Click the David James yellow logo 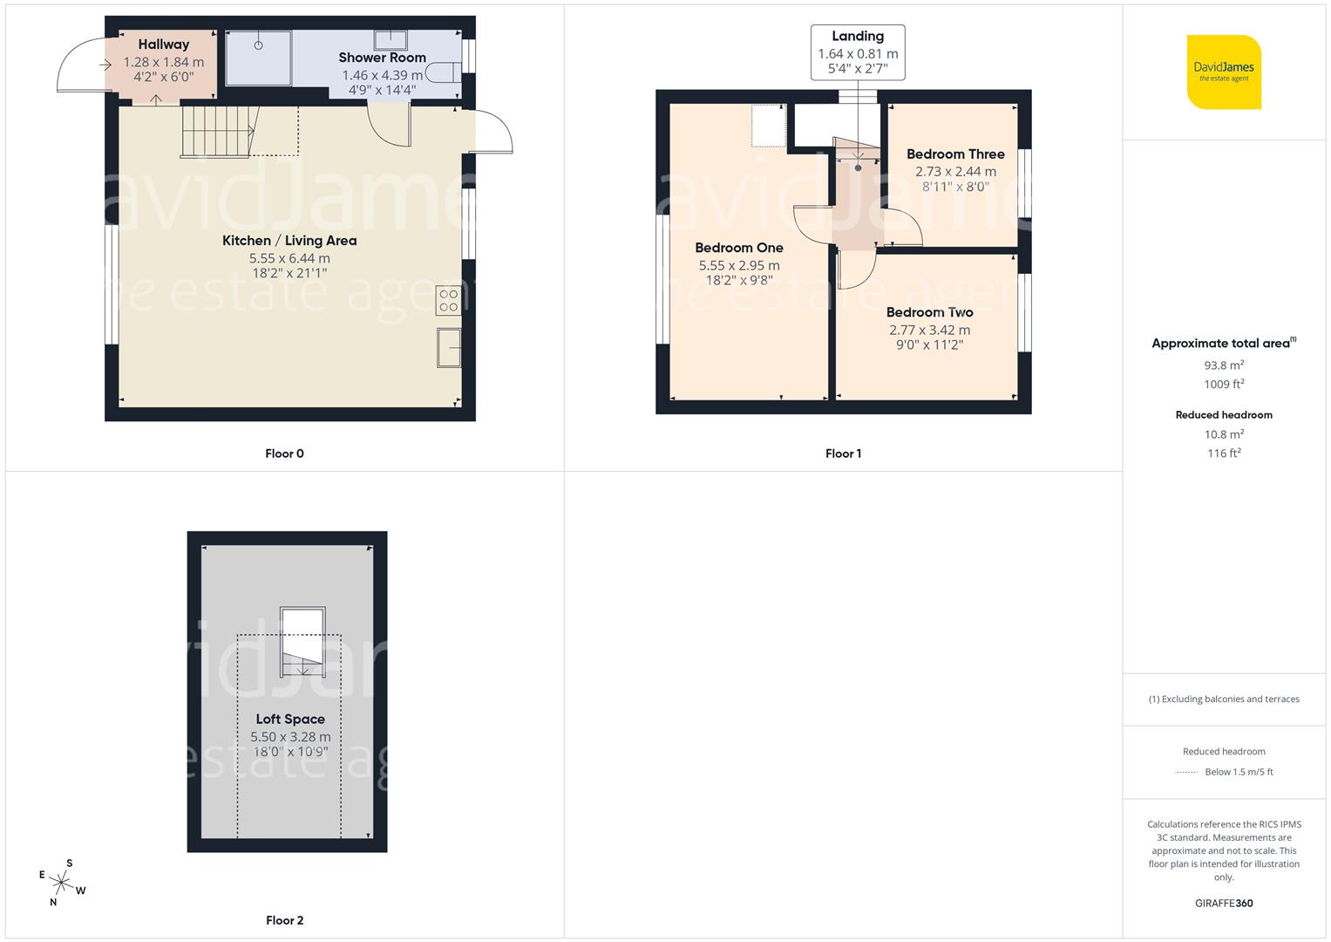1224,72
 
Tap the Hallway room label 163,44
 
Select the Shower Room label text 382,58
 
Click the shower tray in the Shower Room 259,58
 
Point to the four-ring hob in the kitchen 449,302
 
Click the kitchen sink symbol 449,349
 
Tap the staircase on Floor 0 218,132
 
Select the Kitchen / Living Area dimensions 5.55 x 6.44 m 289,258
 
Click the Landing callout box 858,52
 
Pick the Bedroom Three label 955,154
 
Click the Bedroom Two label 929,312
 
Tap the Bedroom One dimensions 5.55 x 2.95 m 739,265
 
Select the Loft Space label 290,719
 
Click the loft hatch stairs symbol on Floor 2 302,643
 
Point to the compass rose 61,884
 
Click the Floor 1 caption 843,454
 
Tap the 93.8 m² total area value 1224,365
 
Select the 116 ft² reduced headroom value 1224,454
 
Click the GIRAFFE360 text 1224,904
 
